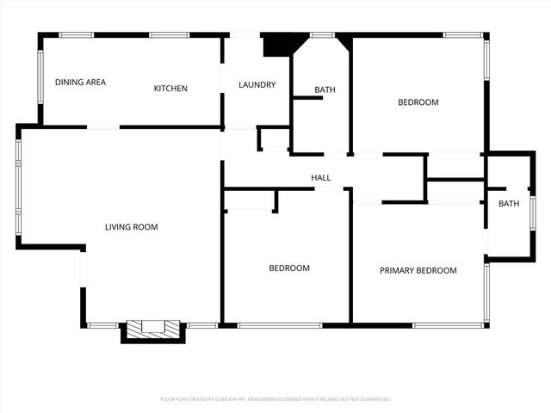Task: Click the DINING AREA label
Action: [x=80, y=83]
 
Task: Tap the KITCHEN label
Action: [x=170, y=89]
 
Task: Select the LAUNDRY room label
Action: [x=257, y=85]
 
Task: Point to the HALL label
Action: [x=321, y=178]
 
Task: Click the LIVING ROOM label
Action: [x=132, y=227]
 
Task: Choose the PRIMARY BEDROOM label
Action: [x=418, y=270]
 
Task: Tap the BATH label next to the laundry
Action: [x=325, y=89]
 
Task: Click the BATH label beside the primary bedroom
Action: [x=509, y=204]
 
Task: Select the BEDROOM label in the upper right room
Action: [x=418, y=102]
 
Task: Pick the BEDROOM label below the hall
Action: [x=289, y=268]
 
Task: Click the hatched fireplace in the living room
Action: [x=153, y=329]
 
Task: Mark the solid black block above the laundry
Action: [x=277, y=45]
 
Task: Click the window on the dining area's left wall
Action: [x=40, y=77]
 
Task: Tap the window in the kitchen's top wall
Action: [x=169, y=35]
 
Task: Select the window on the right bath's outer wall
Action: [x=533, y=215]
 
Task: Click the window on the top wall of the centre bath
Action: [x=322, y=35]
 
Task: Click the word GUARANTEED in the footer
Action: [x=373, y=399]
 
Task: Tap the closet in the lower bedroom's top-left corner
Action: [x=249, y=200]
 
